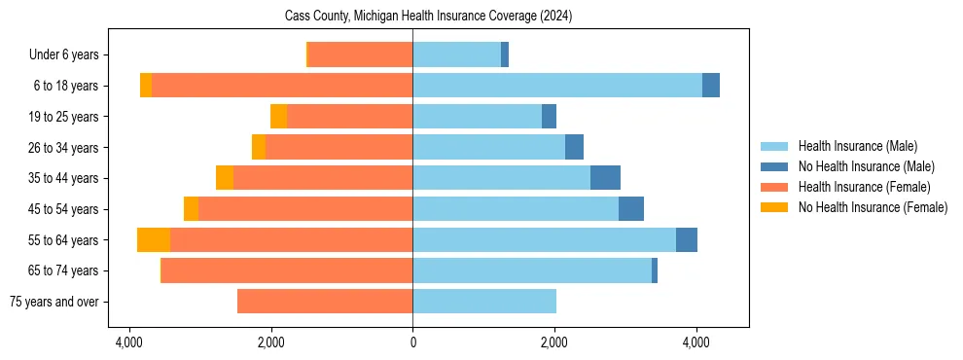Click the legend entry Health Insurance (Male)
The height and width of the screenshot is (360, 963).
(x=857, y=146)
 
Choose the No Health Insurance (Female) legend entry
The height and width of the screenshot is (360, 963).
(x=873, y=207)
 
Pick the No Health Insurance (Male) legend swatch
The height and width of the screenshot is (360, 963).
(x=775, y=166)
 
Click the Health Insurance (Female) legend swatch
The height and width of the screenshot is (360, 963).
(x=775, y=187)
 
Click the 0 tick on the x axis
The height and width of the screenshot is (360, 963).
(x=412, y=342)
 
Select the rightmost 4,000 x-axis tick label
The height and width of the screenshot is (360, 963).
(x=696, y=342)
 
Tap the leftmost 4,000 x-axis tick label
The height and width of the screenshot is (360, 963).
(x=128, y=342)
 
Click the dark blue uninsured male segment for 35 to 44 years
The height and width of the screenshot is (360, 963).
(x=605, y=178)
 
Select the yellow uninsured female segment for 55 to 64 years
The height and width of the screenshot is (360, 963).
(x=154, y=239)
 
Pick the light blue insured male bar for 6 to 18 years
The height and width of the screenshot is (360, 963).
(x=556, y=86)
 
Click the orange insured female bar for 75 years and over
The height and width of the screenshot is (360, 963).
(x=325, y=302)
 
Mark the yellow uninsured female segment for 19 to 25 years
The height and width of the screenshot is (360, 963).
(x=278, y=117)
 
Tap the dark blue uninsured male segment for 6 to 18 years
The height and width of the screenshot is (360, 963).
(x=711, y=86)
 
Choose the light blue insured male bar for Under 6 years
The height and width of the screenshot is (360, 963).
(x=456, y=54)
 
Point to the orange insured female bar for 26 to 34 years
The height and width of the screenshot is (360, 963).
(x=339, y=147)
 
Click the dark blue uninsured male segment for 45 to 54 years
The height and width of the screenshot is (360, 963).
(x=631, y=209)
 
